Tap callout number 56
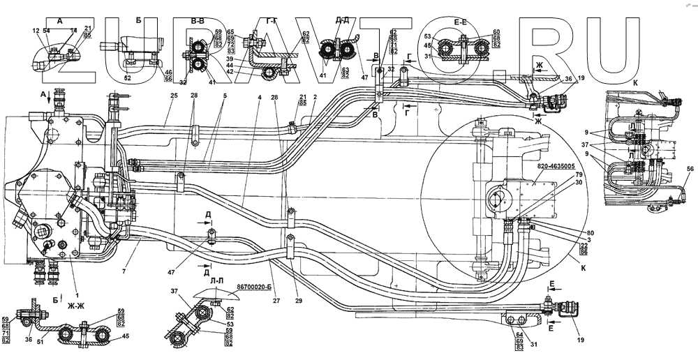click(x=689, y=170)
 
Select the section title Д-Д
click(x=343, y=21)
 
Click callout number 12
click(x=36, y=31)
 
